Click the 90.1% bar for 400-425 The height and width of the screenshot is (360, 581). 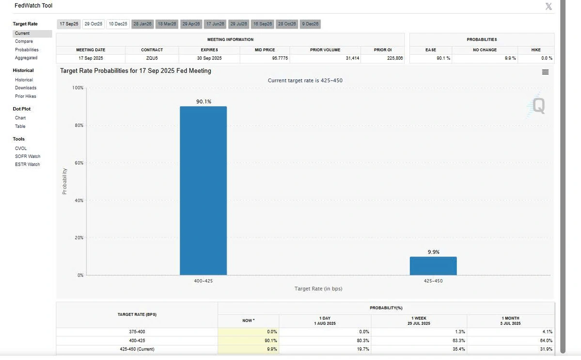click(x=203, y=190)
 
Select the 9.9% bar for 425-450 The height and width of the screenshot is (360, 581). click(x=433, y=266)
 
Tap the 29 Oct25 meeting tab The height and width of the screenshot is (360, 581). click(x=93, y=24)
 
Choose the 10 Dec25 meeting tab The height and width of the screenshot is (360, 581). click(x=118, y=24)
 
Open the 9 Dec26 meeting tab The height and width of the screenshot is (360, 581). click(x=310, y=24)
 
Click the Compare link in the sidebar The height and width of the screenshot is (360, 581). click(x=24, y=42)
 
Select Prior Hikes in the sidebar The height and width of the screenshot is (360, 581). click(x=26, y=96)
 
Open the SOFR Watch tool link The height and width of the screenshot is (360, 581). click(x=28, y=157)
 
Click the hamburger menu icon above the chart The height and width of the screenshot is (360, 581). click(x=545, y=72)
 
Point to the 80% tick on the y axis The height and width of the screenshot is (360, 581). click(x=78, y=125)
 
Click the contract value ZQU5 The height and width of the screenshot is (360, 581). click(x=152, y=58)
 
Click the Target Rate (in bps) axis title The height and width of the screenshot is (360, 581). click(x=318, y=289)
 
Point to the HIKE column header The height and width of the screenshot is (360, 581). click(x=536, y=50)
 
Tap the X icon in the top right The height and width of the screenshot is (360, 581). click(x=549, y=6)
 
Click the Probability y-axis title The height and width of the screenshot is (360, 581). click(x=64, y=181)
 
